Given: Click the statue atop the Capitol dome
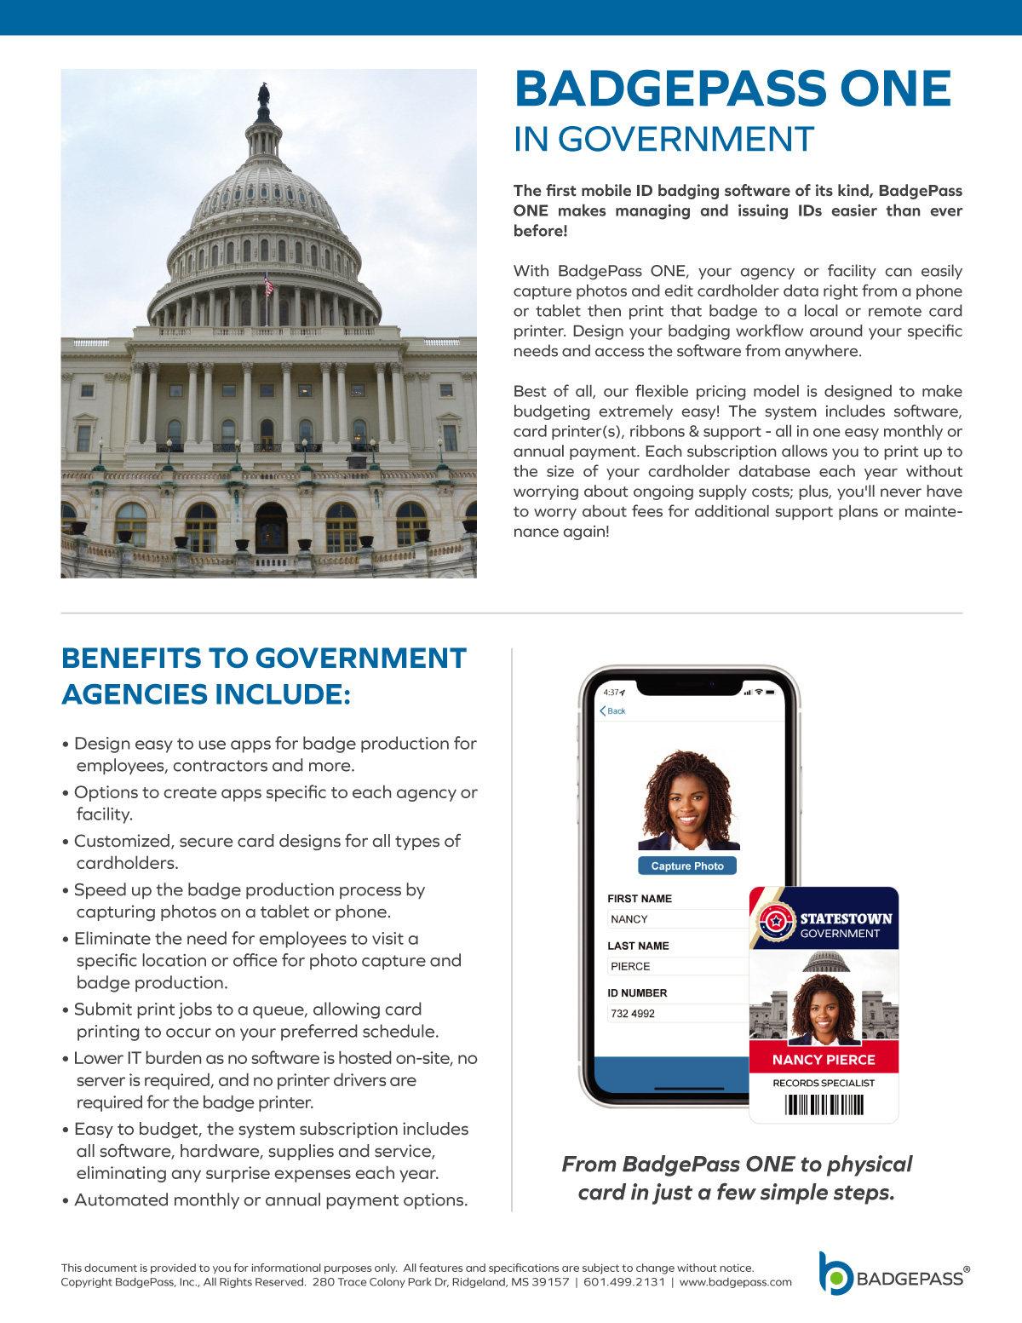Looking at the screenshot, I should (264, 99).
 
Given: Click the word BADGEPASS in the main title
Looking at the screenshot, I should (669, 89).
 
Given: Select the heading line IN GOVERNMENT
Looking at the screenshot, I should (663, 140).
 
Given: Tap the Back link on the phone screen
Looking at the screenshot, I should (612, 710).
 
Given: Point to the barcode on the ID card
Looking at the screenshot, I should (824, 1105).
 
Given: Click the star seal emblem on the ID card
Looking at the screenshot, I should (776, 921).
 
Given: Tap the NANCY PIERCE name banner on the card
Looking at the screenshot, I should (824, 1060).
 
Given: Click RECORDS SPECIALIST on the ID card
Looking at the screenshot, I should (824, 1083).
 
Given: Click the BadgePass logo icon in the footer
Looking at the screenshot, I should (835, 1274).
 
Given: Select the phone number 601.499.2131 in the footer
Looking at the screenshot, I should (624, 1282).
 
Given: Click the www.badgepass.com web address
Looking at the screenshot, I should (735, 1282).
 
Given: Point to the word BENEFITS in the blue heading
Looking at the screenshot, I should (131, 659).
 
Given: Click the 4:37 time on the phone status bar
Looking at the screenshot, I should (612, 692).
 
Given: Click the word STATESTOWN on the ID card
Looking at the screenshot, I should (846, 918).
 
